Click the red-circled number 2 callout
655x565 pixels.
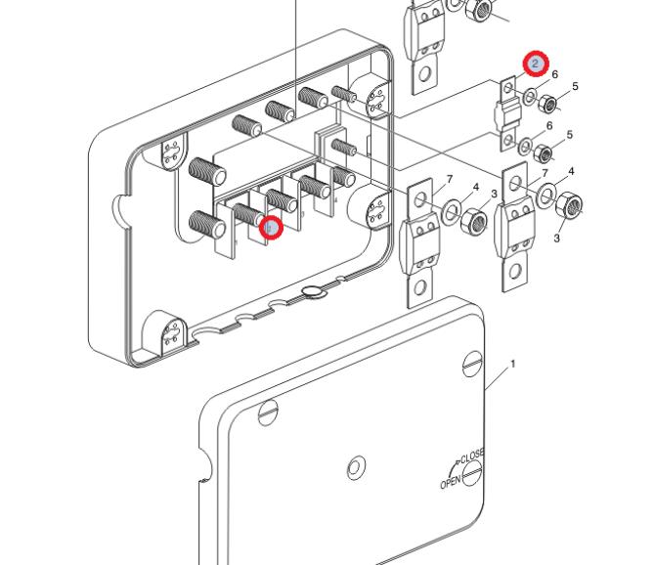pyautogui.click(x=536, y=64)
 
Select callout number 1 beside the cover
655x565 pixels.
pyautogui.click(x=512, y=364)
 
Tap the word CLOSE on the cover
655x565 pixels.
pyautogui.click(x=472, y=455)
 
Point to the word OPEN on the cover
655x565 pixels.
pyautogui.click(x=450, y=481)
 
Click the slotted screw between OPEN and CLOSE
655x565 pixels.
pyautogui.click(x=472, y=474)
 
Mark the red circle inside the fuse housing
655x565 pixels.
pyautogui.click(x=272, y=227)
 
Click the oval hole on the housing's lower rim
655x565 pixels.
pyautogui.click(x=312, y=290)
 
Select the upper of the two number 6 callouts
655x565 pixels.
pyautogui.click(x=554, y=75)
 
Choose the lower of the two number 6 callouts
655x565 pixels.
pyautogui.click(x=549, y=126)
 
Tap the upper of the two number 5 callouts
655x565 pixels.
pyautogui.click(x=575, y=87)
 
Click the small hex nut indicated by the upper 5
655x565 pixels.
pyautogui.click(x=549, y=104)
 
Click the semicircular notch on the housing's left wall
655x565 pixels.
pyautogui.click(x=120, y=206)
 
